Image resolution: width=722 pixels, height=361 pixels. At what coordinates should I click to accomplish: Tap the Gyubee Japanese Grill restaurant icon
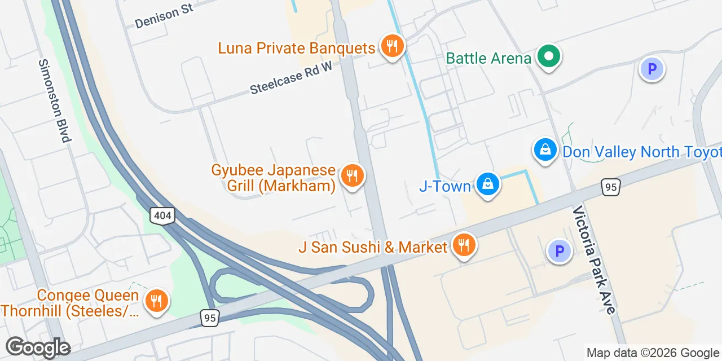click(352, 175)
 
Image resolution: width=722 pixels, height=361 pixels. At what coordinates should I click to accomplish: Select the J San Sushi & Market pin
click(464, 245)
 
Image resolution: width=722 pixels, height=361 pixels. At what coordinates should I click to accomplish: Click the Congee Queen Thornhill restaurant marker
click(156, 301)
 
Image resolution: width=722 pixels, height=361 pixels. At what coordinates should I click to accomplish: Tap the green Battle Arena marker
click(548, 56)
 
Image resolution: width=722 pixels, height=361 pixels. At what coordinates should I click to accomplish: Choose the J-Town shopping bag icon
click(487, 184)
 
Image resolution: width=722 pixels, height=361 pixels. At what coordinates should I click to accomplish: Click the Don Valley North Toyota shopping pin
click(545, 150)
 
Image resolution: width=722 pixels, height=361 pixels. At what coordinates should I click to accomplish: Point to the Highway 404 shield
click(162, 215)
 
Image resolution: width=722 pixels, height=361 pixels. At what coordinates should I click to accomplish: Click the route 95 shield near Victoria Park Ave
click(611, 187)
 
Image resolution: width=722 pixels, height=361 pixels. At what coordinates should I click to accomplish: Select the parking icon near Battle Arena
click(651, 70)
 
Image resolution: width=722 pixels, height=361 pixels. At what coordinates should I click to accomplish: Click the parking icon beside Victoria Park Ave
click(560, 251)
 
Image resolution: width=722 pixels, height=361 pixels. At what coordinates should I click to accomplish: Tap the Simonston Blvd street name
click(55, 100)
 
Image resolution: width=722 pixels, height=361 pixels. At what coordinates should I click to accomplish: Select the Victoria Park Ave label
click(593, 259)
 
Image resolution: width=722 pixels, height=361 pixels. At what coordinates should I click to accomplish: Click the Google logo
click(38, 347)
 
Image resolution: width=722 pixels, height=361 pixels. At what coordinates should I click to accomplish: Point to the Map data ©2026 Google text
click(653, 353)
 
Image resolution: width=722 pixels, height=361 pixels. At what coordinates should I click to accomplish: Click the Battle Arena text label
click(488, 58)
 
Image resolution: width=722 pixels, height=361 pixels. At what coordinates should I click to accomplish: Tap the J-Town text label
click(444, 186)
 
